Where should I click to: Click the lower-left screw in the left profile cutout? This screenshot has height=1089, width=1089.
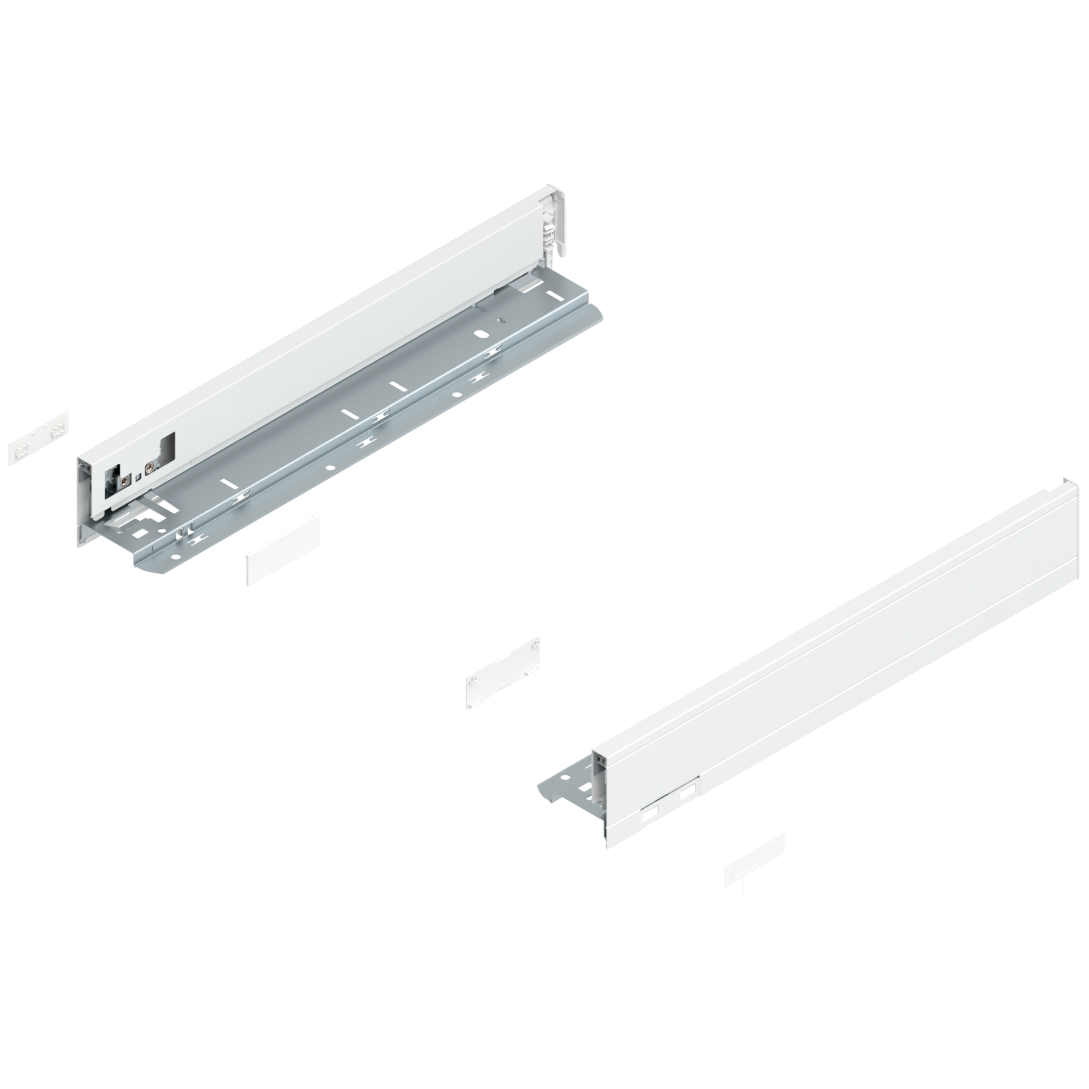coord(124,482)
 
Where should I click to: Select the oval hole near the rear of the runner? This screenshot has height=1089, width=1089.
coord(482,334)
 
